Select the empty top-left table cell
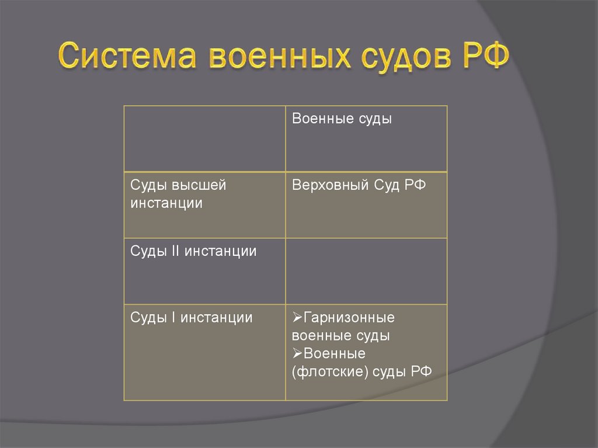[x=204, y=138]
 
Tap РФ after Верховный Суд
[x=415, y=186]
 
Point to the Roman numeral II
[x=173, y=252]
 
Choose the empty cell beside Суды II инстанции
[x=366, y=270]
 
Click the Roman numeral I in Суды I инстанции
[x=173, y=318]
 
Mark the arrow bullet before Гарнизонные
[x=297, y=318]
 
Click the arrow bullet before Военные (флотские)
[x=297, y=353]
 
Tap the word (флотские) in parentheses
[x=325, y=372]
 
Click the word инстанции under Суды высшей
[x=166, y=204]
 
